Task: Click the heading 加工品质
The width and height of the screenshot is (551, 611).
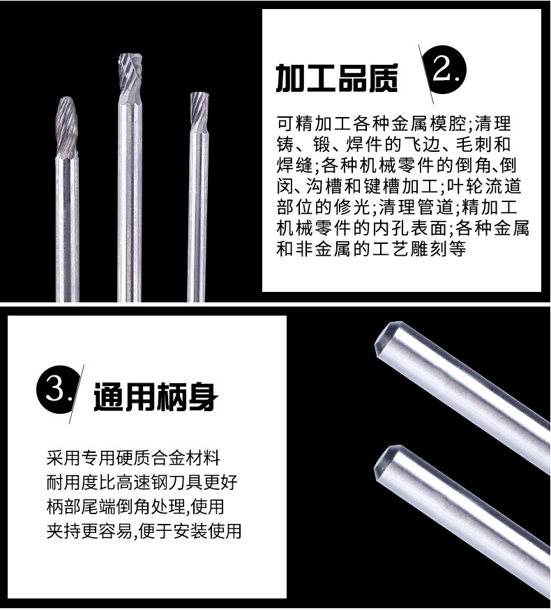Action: [337, 78]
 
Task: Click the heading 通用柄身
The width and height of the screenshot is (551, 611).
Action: [156, 396]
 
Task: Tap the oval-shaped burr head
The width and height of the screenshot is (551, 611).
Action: [67, 126]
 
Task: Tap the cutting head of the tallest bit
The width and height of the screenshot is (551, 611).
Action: [130, 74]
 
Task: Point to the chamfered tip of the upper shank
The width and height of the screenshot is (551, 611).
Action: [384, 338]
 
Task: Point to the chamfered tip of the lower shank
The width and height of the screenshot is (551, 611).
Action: [383, 462]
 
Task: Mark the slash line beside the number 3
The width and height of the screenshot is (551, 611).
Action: [77, 394]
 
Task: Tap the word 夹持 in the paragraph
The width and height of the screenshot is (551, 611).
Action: [63, 532]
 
